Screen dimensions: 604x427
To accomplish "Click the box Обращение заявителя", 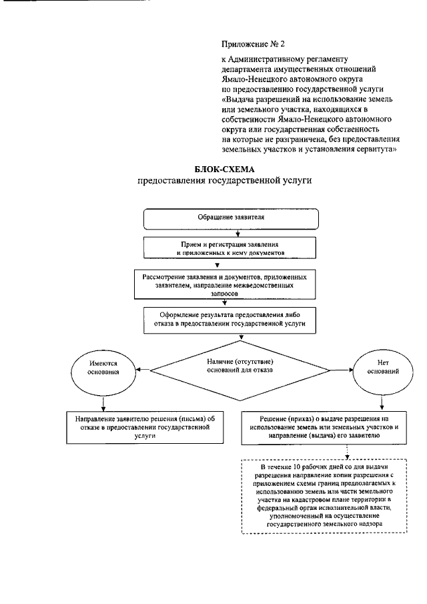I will [230, 218].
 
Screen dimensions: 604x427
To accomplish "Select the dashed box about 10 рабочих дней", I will [324, 497].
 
